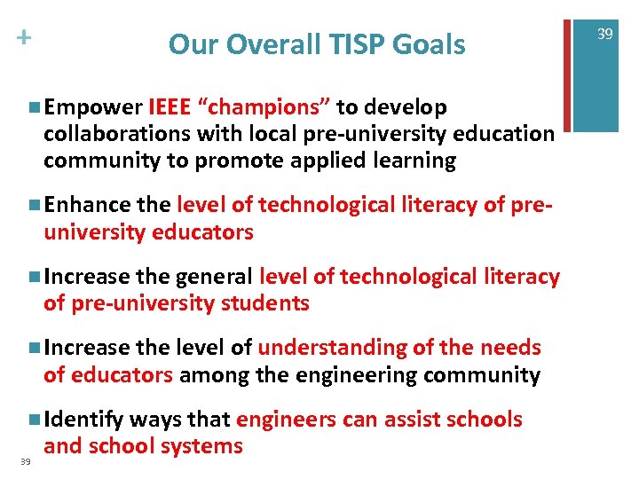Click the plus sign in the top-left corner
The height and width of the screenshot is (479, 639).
point(22,38)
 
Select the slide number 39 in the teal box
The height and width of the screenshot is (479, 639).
point(605,34)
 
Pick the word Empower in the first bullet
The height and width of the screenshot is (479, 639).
point(93,108)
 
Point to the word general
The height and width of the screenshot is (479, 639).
point(214,278)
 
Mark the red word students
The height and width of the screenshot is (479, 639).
point(265,304)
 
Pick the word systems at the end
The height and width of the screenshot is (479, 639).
point(205,446)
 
